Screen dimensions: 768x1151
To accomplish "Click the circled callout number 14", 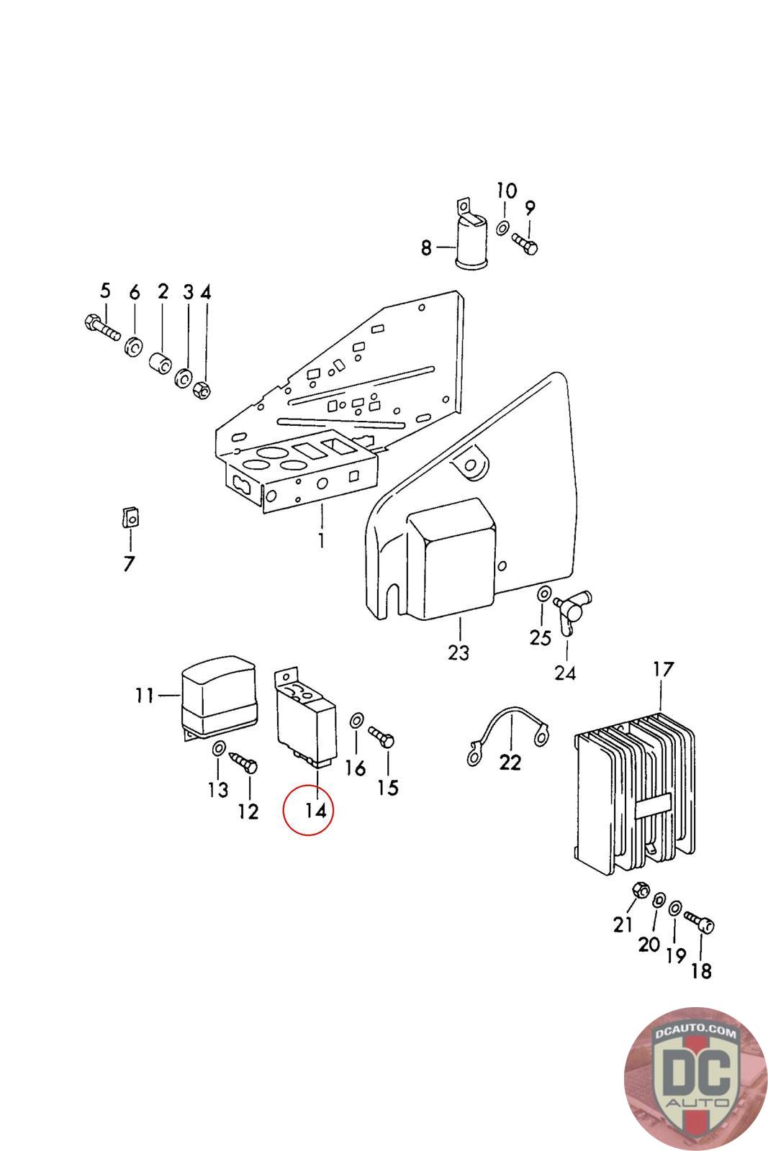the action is (x=316, y=811).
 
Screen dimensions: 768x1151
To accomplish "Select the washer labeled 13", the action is (x=218, y=749).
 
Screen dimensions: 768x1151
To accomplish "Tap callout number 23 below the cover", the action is (x=458, y=652).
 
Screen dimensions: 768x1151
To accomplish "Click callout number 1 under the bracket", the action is (x=322, y=540).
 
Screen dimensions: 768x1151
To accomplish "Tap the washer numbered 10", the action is (x=502, y=227).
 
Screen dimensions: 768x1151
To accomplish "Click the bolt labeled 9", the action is (x=525, y=244).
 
